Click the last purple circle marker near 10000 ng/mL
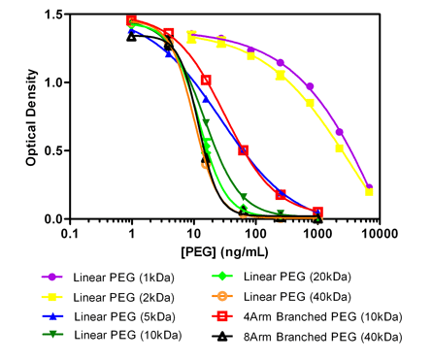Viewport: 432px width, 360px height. click(369, 187)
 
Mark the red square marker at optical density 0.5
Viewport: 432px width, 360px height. click(243, 150)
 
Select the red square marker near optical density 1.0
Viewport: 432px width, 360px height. click(206, 80)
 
